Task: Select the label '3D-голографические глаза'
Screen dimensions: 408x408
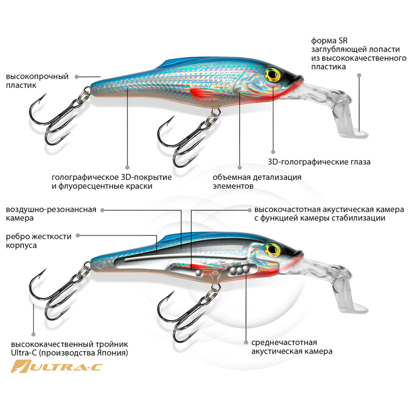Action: [x=319, y=162]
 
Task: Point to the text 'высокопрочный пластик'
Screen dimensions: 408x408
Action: [x=37, y=81]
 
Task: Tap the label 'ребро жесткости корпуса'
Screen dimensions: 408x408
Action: [x=39, y=241]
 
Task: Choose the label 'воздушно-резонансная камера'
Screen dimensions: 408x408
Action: [x=51, y=214]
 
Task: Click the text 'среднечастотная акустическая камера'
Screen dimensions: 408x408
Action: [x=292, y=347]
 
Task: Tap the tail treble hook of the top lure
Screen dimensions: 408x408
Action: [x=53, y=118]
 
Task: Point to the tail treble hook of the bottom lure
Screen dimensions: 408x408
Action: [x=53, y=296]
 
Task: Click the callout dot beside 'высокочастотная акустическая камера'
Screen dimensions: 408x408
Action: [x=250, y=210]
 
